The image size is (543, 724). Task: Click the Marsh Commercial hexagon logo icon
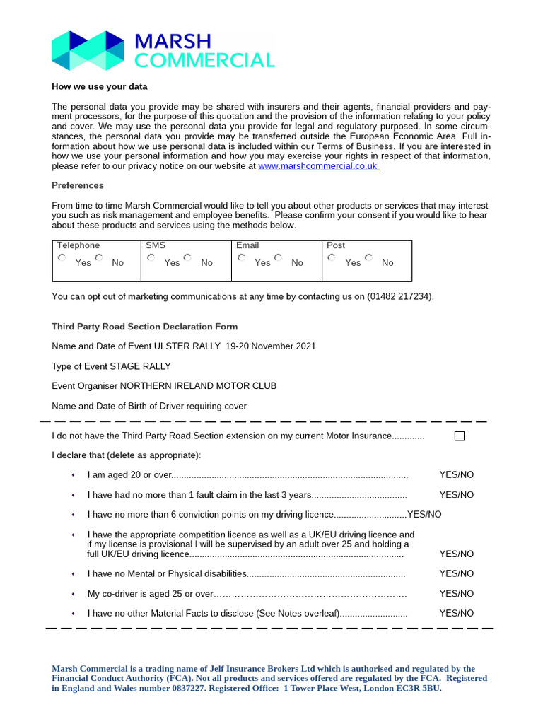click(x=88, y=50)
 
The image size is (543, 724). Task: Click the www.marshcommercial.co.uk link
click(x=318, y=166)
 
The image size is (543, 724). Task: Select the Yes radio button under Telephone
click(x=62, y=259)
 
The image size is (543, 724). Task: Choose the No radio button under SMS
click(x=188, y=259)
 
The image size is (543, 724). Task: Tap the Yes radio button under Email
click(x=243, y=259)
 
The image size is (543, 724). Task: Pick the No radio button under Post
click(x=369, y=259)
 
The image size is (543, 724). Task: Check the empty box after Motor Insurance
click(x=460, y=436)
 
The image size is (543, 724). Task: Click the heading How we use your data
click(x=100, y=86)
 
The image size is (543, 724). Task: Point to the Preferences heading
click(x=78, y=185)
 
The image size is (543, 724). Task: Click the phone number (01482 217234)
click(x=399, y=297)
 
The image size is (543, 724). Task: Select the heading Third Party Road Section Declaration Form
click(x=145, y=327)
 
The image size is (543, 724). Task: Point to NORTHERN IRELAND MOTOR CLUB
click(x=198, y=386)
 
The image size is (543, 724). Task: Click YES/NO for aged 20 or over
click(x=456, y=475)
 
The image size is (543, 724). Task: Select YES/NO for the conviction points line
click(x=424, y=515)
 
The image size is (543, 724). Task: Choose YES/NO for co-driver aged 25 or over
click(x=456, y=594)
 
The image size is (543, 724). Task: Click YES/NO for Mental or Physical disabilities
click(x=456, y=574)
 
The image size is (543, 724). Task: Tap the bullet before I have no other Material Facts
click(x=73, y=614)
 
